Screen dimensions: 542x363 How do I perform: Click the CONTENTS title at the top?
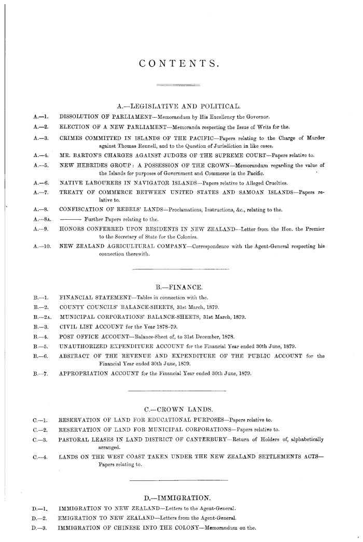point(180,64)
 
